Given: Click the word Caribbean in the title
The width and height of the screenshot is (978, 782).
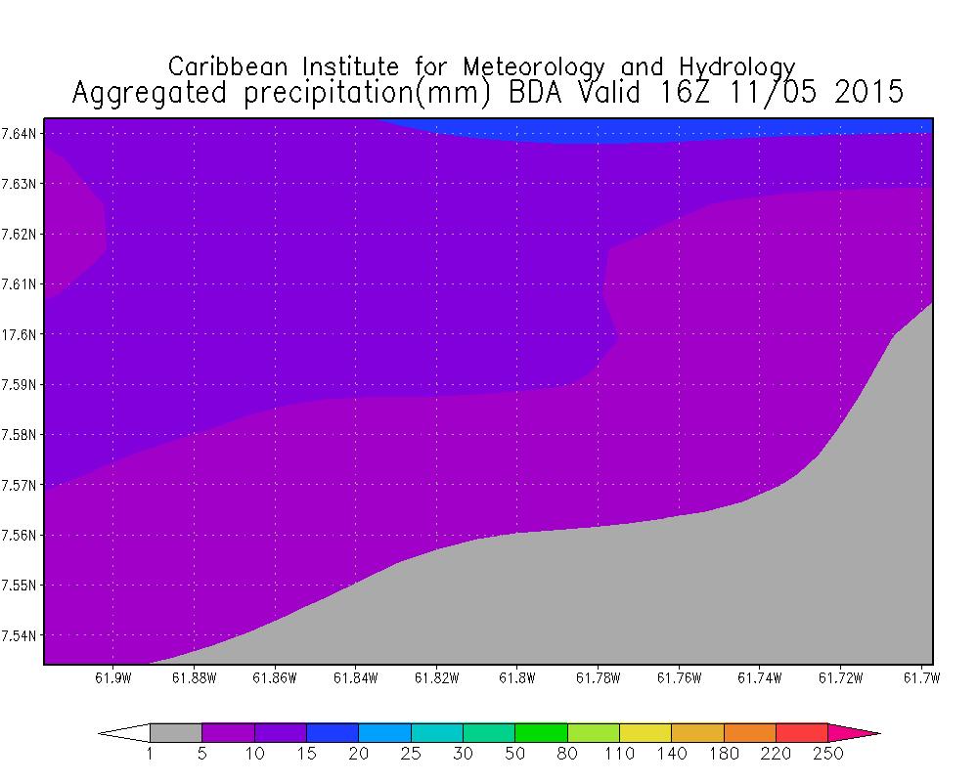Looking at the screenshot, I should tap(232, 66).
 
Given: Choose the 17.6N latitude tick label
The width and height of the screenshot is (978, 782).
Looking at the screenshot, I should tap(22, 334).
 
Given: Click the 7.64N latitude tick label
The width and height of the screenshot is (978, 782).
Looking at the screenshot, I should tap(22, 133).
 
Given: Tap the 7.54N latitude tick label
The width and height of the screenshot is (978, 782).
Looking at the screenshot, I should tap(22, 635).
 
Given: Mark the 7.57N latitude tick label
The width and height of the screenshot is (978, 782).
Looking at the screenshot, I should tap(22, 485).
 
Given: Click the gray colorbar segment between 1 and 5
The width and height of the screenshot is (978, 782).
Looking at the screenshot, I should tap(176, 732).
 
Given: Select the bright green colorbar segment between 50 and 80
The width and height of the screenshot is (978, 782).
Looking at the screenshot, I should tap(541, 732).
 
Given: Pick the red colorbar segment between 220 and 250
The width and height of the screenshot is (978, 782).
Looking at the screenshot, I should tap(802, 732).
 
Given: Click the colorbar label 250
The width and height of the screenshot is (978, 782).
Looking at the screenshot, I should tap(827, 753).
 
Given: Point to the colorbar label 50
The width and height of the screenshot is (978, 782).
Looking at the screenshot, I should tap(515, 753).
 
